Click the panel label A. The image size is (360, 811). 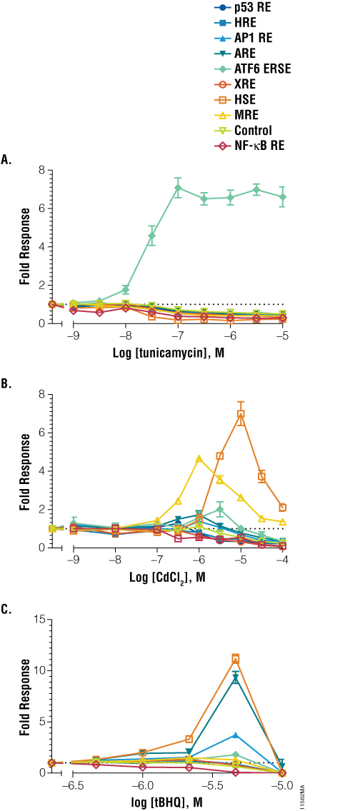tap(6, 160)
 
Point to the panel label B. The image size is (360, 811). tap(6, 384)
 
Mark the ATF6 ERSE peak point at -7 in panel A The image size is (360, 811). tap(178, 188)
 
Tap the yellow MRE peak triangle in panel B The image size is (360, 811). tap(199, 458)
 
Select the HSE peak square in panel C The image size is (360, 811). tap(235, 658)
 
